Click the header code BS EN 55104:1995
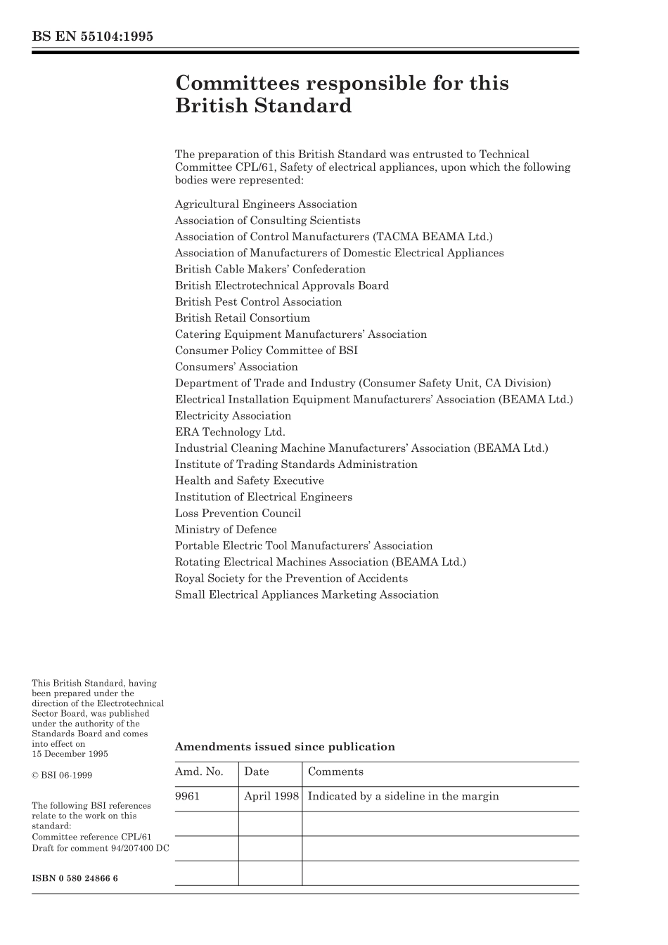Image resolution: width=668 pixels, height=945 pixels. tap(92, 37)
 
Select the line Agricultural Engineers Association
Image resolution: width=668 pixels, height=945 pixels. tap(266, 204)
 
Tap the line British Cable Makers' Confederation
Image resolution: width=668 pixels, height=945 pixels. tap(270, 269)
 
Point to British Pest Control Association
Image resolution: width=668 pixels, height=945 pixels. tap(258, 302)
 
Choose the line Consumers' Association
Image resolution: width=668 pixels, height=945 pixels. tap(236, 367)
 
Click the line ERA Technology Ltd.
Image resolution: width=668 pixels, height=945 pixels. tap(230, 432)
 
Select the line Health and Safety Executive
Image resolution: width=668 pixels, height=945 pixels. tap(250, 481)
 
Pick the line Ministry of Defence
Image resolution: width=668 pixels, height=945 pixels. tap(226, 530)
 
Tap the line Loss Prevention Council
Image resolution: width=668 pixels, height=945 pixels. tap(238, 514)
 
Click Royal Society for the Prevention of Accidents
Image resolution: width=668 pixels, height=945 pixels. tap(291, 578)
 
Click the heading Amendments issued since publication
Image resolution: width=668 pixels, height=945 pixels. tap(285, 747)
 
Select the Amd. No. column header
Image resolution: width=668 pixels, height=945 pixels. tap(199, 771)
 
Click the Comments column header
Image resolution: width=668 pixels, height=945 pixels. tap(335, 771)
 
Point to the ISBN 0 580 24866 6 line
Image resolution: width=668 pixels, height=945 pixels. tap(75, 878)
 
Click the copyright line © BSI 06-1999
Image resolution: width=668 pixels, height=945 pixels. tap(62, 776)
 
